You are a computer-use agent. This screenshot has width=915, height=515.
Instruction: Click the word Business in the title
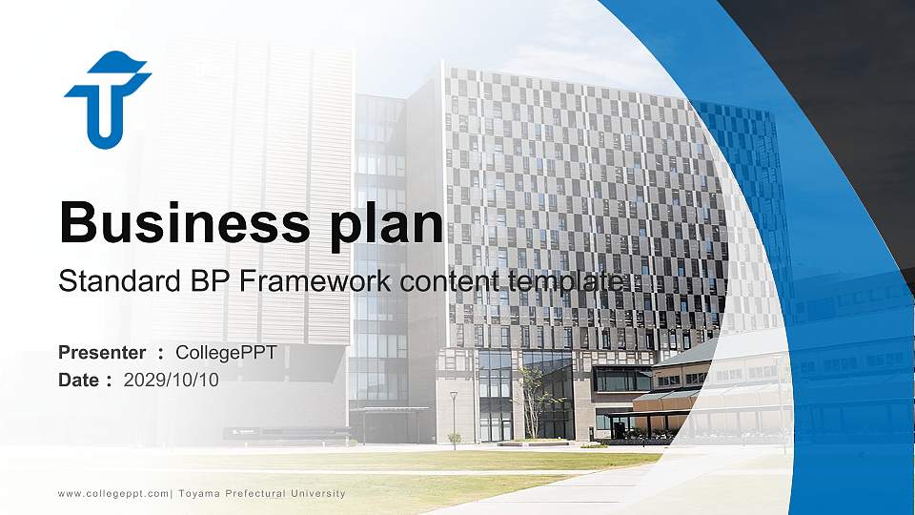pyautogui.click(x=179, y=223)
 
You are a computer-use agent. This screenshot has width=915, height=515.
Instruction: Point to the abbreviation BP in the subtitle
pyautogui.click(x=208, y=281)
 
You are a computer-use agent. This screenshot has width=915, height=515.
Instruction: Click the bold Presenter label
pyautogui.click(x=102, y=353)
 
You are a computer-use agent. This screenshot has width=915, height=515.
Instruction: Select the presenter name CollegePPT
pyautogui.click(x=226, y=353)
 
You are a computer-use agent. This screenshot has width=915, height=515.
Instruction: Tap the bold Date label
pyautogui.click(x=80, y=380)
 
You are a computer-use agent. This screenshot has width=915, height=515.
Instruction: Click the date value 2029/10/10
pyautogui.click(x=172, y=380)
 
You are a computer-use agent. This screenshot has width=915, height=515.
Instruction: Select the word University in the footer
pyautogui.click(x=314, y=493)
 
